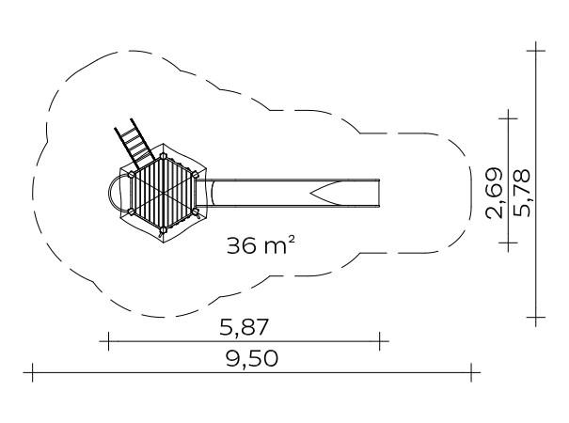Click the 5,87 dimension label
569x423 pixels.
tap(244, 327)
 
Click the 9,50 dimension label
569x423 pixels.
tap(252, 358)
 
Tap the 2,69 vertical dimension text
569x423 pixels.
tap(495, 194)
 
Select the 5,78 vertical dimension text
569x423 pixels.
tap(523, 193)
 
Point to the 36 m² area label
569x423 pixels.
tap(261, 244)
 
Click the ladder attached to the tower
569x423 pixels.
tap(135, 143)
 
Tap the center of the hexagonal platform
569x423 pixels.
tap(164, 194)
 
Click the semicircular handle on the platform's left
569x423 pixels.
tap(113, 194)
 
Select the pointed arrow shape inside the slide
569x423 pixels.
tap(326, 194)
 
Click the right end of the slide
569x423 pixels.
tap(379, 194)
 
